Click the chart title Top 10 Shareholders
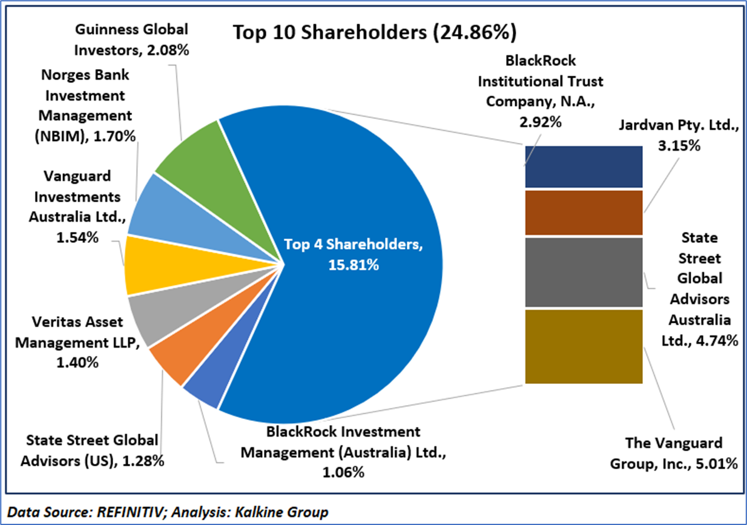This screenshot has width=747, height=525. tap(374, 32)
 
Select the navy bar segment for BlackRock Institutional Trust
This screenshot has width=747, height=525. tap(584, 167)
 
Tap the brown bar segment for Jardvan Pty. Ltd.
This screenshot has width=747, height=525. tap(584, 213)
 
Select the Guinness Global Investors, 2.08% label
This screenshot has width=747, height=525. tap(133, 39)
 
